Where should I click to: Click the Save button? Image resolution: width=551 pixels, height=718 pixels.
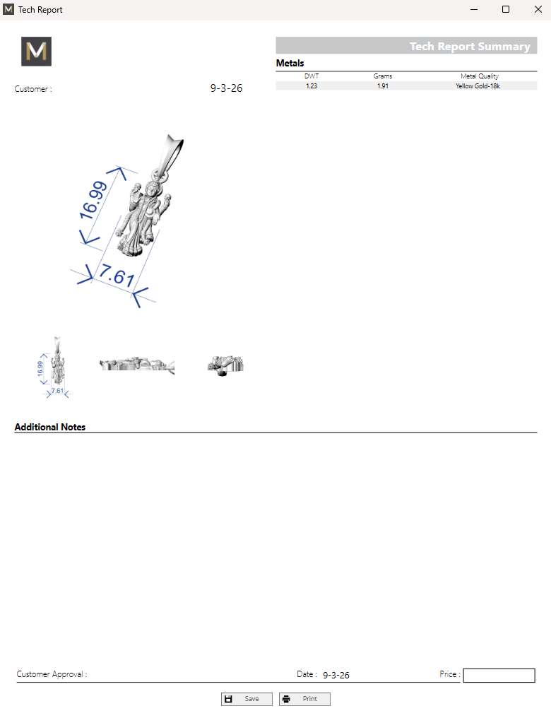[247, 699]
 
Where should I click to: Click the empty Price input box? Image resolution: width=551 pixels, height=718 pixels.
[499, 676]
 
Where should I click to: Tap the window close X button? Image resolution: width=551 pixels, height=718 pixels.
[538, 9]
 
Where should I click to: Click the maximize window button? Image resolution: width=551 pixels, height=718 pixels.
[506, 9]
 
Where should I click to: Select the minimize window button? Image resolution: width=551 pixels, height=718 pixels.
[474, 9]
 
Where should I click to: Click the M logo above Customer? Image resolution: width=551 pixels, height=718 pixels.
[36, 52]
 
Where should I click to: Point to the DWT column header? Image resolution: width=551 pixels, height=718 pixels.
[312, 76]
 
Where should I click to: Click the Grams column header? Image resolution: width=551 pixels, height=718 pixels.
[383, 76]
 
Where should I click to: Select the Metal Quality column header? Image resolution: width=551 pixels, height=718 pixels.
[480, 76]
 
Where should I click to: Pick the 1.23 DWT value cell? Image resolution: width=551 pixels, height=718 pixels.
[312, 86]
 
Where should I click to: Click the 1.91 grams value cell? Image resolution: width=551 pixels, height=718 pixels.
[383, 86]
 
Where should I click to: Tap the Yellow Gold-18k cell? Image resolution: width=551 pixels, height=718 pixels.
[478, 86]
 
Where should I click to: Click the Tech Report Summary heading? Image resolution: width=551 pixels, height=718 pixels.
[470, 46]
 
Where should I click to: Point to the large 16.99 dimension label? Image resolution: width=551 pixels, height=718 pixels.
[93, 200]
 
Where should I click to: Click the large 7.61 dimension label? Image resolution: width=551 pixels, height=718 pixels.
[117, 275]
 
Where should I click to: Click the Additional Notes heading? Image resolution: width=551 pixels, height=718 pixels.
[50, 427]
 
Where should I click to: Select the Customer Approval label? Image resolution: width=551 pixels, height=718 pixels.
[52, 674]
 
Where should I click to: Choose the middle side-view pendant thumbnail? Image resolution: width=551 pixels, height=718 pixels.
[137, 365]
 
